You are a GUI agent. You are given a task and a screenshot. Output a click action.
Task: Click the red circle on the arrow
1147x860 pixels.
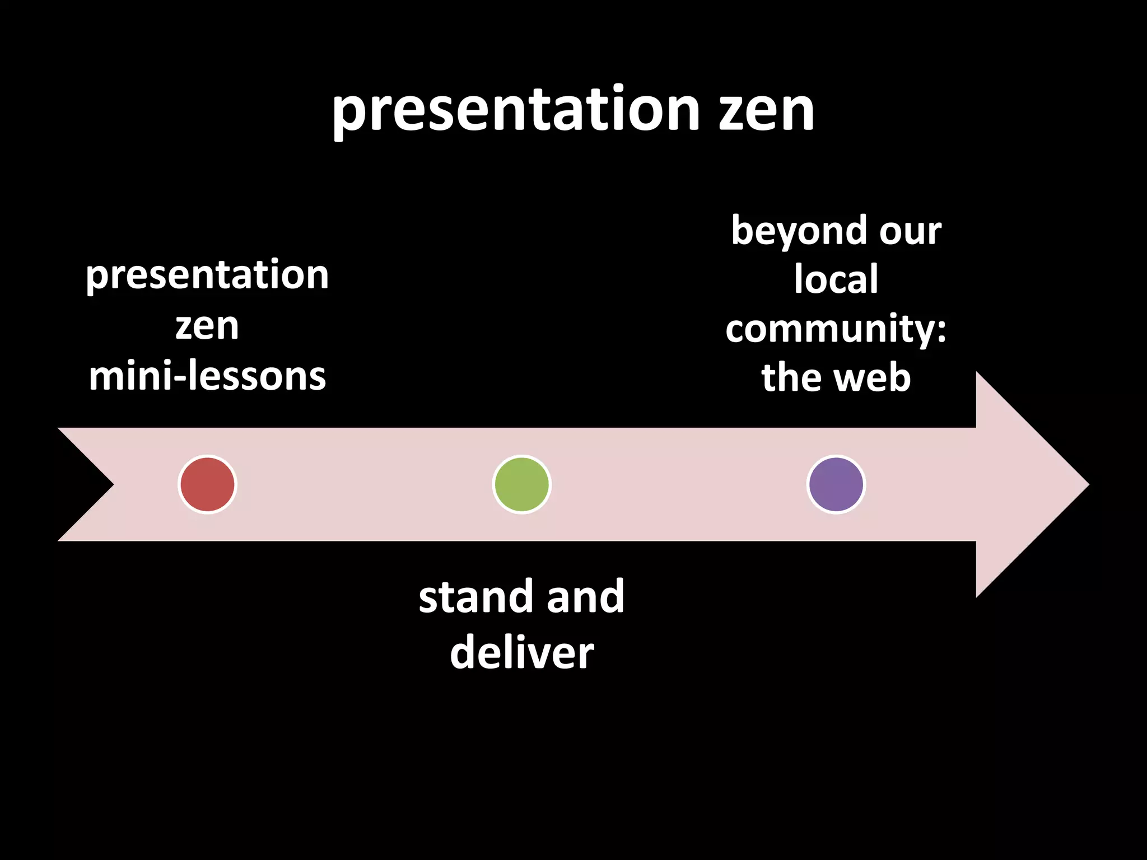pyautogui.click(x=207, y=484)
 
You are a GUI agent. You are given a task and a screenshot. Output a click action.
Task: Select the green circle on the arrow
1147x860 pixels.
pyautogui.click(x=521, y=484)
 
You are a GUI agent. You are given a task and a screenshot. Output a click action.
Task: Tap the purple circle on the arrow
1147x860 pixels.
pyautogui.click(x=836, y=484)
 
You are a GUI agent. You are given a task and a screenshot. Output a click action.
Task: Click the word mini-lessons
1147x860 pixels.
pyautogui.click(x=207, y=376)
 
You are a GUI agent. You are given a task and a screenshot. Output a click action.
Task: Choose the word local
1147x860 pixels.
pyautogui.click(x=836, y=279)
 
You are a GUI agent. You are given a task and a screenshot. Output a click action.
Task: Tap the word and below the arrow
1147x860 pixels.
pyautogui.click(x=585, y=597)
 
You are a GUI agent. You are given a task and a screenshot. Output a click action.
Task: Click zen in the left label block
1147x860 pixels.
pyautogui.click(x=207, y=326)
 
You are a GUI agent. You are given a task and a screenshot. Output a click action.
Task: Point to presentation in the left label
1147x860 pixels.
pyautogui.click(x=207, y=276)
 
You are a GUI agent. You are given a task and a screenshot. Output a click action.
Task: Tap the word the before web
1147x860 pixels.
pyautogui.click(x=792, y=377)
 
